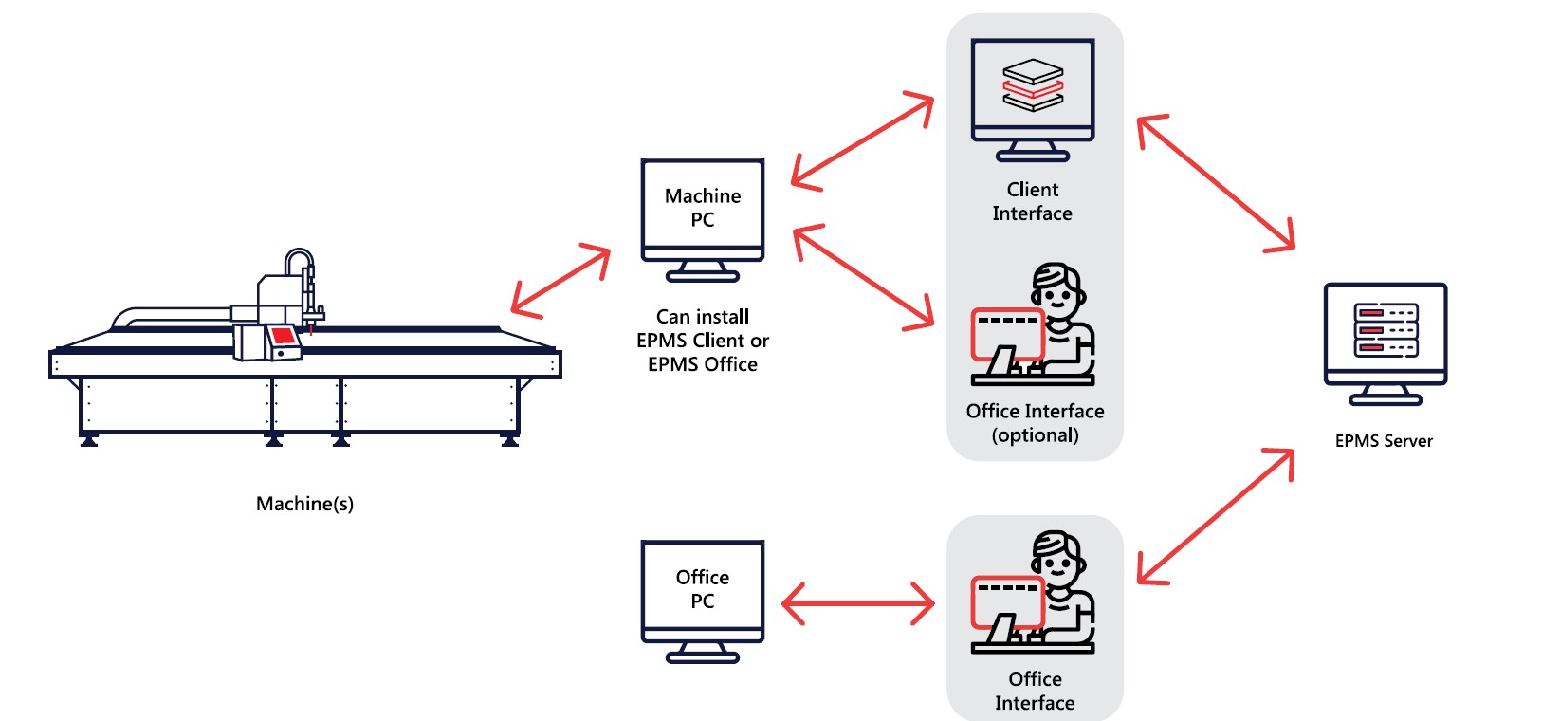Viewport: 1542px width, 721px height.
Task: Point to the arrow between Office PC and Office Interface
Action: [858, 603]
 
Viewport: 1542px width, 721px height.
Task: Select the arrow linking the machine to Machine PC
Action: [560, 281]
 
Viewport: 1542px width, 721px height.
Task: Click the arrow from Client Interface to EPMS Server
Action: [1216, 183]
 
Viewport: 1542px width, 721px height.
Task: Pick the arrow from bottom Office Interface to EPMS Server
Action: [1216, 516]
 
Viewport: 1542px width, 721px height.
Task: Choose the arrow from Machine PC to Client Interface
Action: [862, 140]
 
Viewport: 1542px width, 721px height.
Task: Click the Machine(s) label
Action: [304, 504]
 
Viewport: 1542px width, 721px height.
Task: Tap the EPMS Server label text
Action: [1384, 441]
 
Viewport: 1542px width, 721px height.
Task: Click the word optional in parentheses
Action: [1035, 435]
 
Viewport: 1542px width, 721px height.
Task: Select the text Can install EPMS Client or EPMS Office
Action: [702, 341]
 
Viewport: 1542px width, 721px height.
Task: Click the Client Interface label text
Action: [1032, 201]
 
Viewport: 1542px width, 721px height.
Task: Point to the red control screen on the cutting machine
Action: [283, 335]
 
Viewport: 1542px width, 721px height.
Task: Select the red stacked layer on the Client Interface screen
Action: [1033, 88]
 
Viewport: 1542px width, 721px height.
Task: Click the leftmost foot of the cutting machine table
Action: [89, 440]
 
